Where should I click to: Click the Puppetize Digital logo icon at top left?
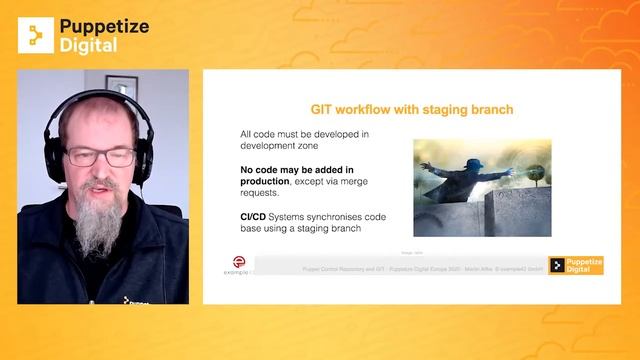[36, 35]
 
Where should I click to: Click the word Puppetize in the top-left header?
[105, 27]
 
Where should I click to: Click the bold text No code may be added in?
[297, 170]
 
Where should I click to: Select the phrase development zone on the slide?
[281, 146]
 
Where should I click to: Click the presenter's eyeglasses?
[100, 157]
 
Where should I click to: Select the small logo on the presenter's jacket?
[130, 299]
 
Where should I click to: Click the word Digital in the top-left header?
[88, 45]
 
